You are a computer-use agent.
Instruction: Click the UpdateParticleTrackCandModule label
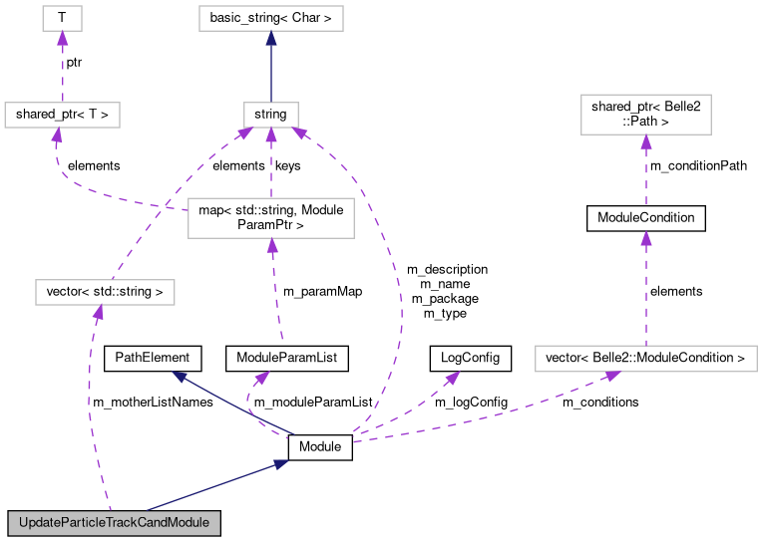pos(114,523)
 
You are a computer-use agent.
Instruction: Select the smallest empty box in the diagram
pos(62,18)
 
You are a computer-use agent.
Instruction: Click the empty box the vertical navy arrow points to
pos(270,18)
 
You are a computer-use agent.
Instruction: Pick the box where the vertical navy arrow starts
pos(270,115)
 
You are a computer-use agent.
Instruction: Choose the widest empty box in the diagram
pos(645,359)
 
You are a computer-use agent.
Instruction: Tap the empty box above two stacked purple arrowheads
pos(645,115)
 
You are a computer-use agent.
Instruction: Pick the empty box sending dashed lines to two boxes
pos(270,218)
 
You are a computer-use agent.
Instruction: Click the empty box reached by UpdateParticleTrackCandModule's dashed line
pos(105,292)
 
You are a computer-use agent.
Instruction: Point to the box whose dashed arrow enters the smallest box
pos(62,115)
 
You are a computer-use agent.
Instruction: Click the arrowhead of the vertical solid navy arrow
pos(270,39)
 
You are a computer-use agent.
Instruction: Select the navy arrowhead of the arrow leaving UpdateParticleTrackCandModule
pos(280,463)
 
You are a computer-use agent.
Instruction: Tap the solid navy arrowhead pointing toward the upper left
pos(180,377)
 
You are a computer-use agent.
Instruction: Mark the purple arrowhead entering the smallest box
pos(62,39)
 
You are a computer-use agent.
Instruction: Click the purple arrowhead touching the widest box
pos(611,376)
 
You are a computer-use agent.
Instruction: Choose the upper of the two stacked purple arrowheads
pos(645,141)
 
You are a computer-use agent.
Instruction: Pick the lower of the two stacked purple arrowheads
pos(645,238)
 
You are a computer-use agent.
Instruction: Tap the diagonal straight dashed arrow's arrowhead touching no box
pos(452,378)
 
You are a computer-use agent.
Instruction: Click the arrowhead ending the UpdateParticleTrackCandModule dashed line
pos(98,313)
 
